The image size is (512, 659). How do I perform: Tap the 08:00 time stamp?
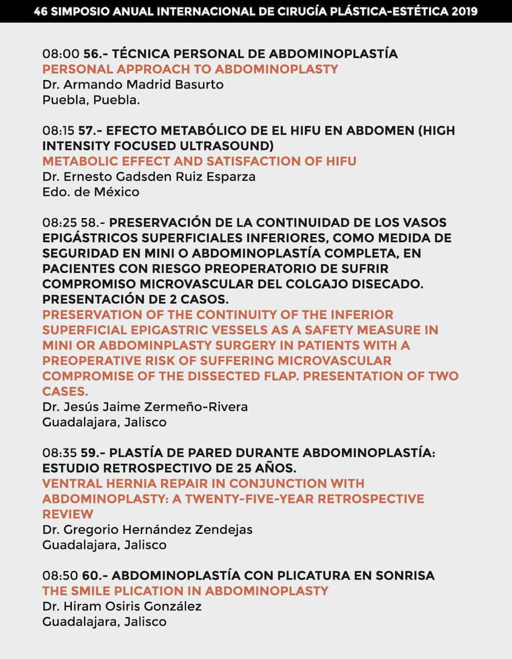click(x=60, y=54)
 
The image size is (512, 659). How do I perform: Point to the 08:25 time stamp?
click(x=60, y=223)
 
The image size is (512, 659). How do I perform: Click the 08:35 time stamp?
click(x=60, y=453)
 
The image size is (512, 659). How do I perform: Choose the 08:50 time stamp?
click(x=60, y=575)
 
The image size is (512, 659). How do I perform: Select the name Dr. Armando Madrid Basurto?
click(x=133, y=85)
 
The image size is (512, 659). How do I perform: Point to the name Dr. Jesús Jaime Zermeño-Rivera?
click(x=145, y=407)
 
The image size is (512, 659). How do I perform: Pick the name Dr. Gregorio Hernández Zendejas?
click(x=147, y=529)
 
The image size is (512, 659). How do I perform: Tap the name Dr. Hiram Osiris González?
click(x=122, y=606)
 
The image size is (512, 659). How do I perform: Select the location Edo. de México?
click(x=91, y=192)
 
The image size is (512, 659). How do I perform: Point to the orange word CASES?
click(x=65, y=392)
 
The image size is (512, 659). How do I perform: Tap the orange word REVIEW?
click(x=67, y=514)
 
